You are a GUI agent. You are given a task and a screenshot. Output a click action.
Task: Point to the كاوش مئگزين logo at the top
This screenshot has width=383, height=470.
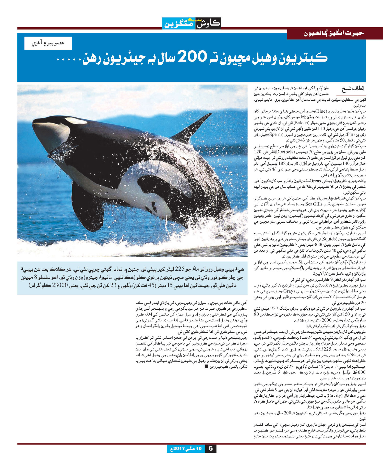[192, 23]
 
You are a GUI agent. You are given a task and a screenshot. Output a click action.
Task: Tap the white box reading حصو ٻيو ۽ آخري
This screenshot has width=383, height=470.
[48, 43]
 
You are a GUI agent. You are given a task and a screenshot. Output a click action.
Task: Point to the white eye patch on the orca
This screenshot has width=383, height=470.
[76, 120]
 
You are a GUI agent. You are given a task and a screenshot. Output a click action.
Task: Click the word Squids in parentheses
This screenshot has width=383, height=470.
[329, 239]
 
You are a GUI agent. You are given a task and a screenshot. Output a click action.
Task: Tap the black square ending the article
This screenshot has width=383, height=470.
[206, 366]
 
